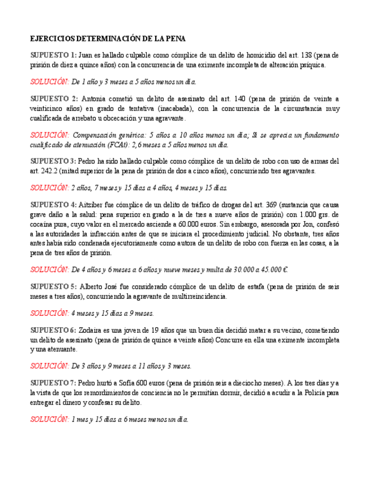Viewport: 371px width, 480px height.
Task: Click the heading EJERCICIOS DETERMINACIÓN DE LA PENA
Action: (x=108, y=38)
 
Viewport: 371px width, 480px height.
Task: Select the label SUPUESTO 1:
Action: (x=53, y=55)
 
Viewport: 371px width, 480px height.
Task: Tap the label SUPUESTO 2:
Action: (x=53, y=98)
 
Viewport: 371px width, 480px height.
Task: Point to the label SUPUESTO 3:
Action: (x=53, y=160)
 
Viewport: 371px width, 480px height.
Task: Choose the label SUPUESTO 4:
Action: (x=53, y=203)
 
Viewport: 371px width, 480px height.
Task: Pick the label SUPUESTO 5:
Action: (x=53, y=286)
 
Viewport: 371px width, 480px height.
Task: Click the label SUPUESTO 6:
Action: (x=53, y=329)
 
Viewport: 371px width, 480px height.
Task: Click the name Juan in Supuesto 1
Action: (x=86, y=55)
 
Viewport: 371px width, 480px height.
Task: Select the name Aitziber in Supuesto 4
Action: (x=89, y=203)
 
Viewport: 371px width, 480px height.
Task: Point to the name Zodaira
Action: (x=89, y=329)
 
